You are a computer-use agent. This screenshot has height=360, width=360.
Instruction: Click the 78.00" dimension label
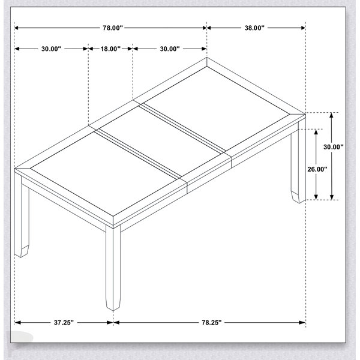[113, 28]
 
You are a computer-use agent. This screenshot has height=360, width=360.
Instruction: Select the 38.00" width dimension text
[254, 28]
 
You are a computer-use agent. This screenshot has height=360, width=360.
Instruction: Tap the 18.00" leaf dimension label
[110, 49]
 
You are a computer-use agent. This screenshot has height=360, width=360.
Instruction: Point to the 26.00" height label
[317, 169]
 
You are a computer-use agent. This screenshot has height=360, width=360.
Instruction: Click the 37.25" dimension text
[64, 323]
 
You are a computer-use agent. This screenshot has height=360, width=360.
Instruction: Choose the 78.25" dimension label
[212, 323]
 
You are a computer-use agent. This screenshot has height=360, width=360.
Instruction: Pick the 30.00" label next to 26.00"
[334, 147]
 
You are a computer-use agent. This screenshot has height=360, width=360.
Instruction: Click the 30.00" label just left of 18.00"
[51, 49]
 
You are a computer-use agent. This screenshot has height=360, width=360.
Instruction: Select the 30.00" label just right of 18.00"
[170, 49]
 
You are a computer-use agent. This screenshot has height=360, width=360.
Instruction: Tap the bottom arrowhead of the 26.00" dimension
[316, 197]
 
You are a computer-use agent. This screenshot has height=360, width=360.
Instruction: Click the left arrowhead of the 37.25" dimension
[17, 323]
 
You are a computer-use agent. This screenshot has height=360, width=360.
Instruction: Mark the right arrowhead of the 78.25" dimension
[302, 323]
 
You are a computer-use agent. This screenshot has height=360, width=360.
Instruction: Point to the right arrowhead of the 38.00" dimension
[302, 28]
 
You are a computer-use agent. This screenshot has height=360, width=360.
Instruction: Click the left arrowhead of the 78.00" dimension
[17, 28]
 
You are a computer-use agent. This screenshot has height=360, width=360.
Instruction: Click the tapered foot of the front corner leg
[113, 304]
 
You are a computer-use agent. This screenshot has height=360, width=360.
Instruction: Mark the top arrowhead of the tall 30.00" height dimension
[331, 115]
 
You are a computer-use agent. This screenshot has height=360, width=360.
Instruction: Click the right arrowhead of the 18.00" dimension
[130, 49]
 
